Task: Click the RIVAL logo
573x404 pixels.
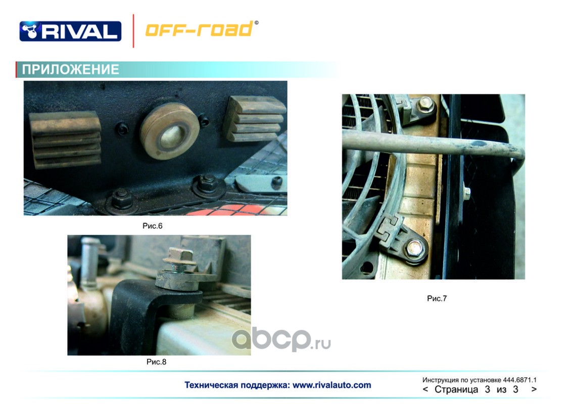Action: tap(70, 31)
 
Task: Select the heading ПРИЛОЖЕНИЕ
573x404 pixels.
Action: tap(71, 69)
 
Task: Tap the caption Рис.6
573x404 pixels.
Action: tap(153, 226)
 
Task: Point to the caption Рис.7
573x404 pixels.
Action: tap(437, 298)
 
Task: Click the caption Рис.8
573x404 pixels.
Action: tap(157, 362)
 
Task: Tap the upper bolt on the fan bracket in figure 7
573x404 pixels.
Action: tap(425, 105)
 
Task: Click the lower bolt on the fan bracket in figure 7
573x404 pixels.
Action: tap(415, 248)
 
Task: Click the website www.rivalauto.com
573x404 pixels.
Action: tap(332, 385)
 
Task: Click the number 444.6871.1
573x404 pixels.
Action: tap(519, 380)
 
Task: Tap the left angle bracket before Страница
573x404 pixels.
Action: tap(425, 389)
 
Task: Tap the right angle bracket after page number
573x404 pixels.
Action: tap(534, 389)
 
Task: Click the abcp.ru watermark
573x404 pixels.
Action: tap(281, 340)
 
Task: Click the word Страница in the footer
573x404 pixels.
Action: tap(456, 389)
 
